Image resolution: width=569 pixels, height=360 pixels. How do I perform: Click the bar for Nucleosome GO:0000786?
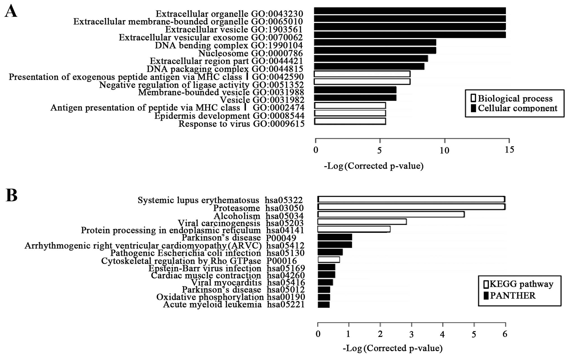375,50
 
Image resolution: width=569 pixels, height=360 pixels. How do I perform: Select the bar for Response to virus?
350,121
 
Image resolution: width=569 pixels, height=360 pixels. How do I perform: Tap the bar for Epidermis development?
350,113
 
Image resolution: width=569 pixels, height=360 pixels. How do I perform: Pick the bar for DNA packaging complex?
369,66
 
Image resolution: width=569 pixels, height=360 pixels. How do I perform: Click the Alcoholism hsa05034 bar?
391,214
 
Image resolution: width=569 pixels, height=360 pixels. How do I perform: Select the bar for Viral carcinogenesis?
362,222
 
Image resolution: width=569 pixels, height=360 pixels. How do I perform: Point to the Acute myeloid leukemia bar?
324,305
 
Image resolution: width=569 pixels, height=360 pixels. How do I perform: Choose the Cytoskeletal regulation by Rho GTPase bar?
329,260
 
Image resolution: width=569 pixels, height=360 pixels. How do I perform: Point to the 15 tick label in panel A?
509,150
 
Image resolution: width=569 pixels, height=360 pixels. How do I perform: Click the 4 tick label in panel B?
443,334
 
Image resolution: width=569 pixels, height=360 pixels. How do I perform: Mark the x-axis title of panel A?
374,166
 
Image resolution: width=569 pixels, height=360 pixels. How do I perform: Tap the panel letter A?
11,12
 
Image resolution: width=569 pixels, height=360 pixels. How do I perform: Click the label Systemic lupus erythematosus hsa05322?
220,200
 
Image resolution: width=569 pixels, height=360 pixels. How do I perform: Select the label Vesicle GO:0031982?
262,100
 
